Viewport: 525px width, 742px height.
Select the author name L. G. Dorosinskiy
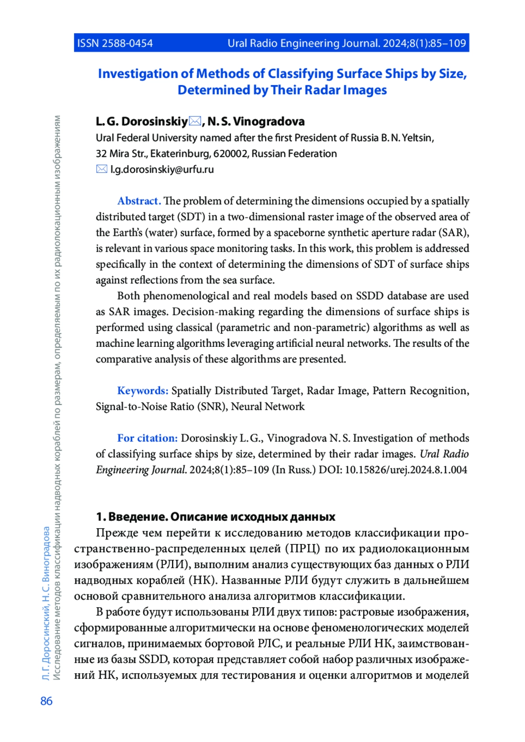(x=142, y=121)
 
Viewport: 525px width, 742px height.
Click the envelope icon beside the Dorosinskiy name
(x=195, y=121)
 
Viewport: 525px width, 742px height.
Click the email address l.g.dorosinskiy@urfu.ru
(x=162, y=170)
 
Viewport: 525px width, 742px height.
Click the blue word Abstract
(x=139, y=201)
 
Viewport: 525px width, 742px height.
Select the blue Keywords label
(x=143, y=391)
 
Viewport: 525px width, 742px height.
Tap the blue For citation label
(x=147, y=438)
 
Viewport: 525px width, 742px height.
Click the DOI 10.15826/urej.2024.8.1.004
(x=406, y=470)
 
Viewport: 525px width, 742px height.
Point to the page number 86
(x=46, y=701)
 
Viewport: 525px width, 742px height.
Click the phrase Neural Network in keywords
(x=268, y=406)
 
